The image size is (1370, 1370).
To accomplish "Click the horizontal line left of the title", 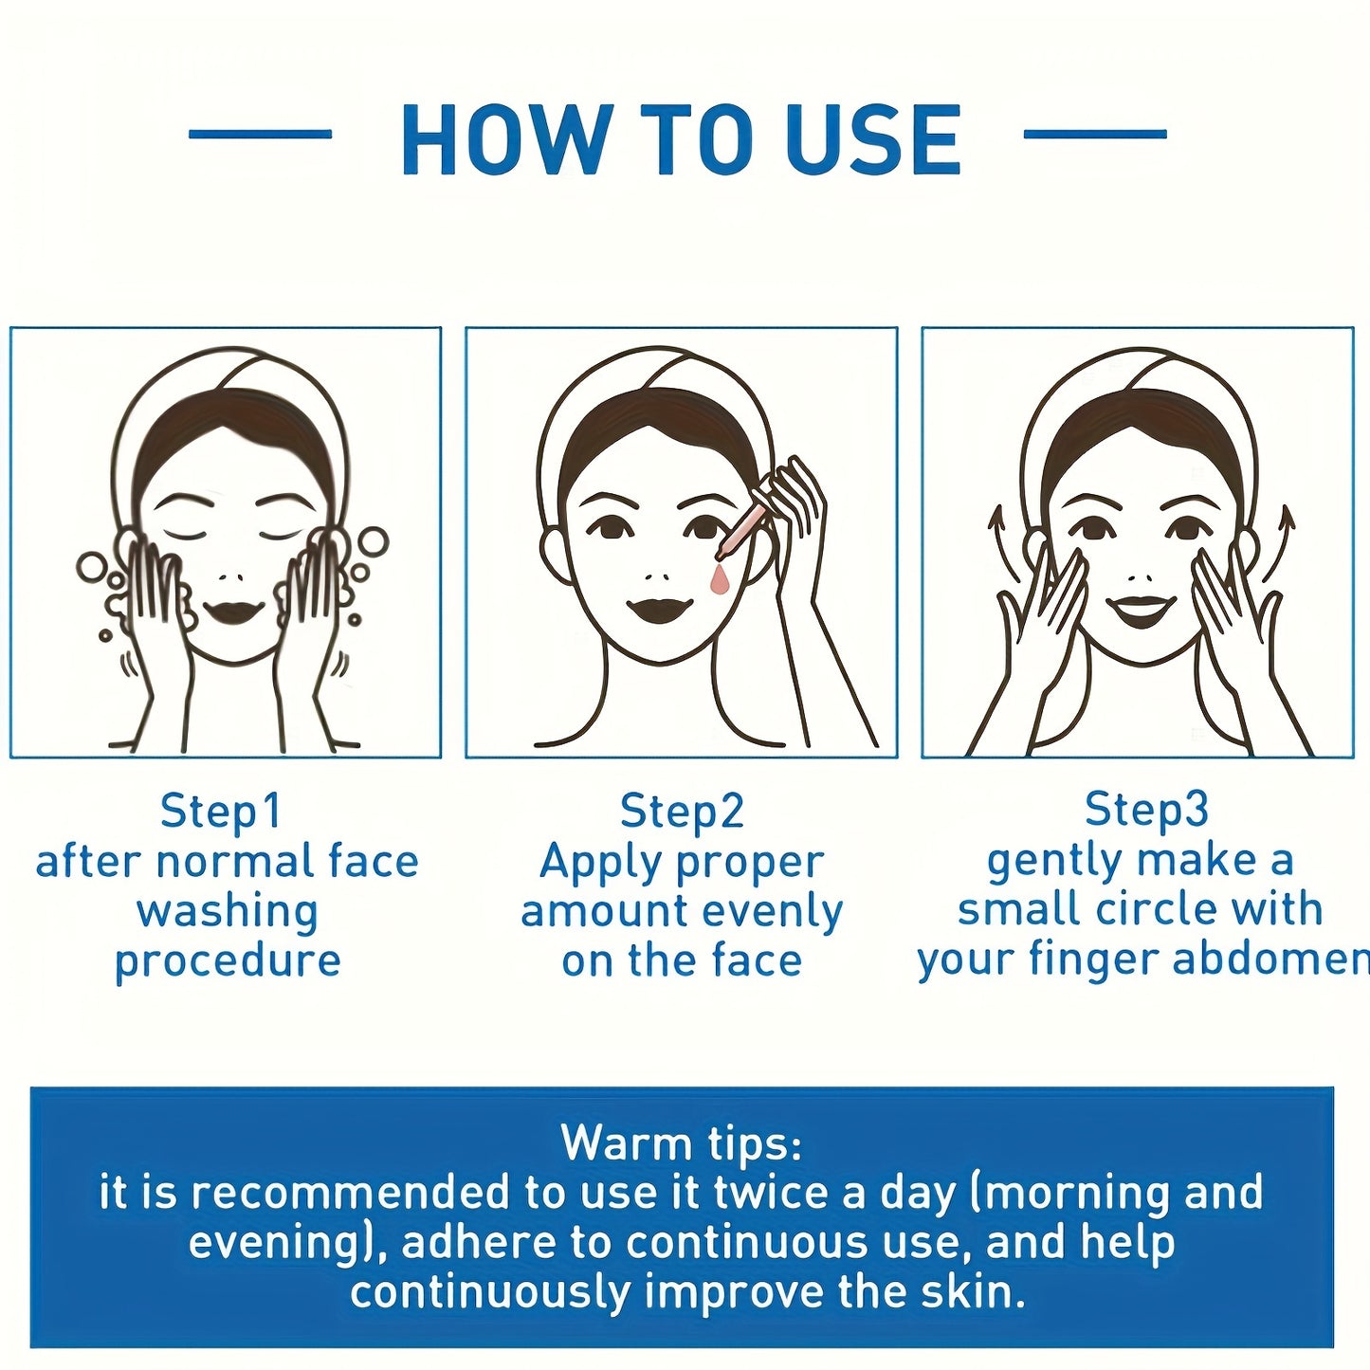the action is click(x=260, y=134).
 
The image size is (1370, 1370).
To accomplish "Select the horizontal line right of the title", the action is click(x=1095, y=134).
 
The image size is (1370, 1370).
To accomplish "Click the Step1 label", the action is click(x=220, y=811).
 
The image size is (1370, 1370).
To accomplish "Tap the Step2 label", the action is click(x=682, y=811).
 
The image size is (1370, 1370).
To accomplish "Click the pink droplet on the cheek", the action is click(x=719, y=578).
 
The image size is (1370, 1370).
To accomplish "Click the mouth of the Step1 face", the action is click(x=234, y=612).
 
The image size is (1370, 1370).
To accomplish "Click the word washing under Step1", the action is click(x=228, y=913).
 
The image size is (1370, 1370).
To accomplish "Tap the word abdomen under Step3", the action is click(x=1270, y=959).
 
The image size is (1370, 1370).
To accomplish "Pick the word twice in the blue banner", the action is click(x=772, y=1193).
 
